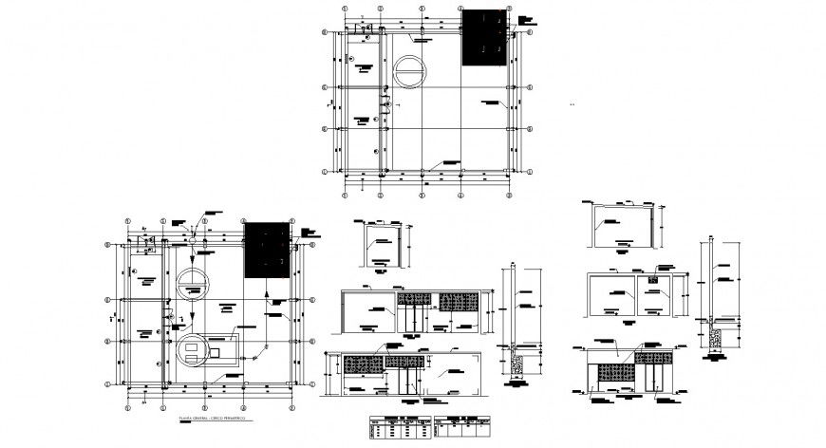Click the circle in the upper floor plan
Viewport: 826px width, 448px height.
(x=411, y=72)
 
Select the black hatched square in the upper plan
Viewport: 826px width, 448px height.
(x=484, y=38)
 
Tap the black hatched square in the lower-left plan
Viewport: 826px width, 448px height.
(x=266, y=251)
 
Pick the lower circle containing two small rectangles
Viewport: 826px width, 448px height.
(x=193, y=351)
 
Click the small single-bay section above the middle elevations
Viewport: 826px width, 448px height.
(x=383, y=246)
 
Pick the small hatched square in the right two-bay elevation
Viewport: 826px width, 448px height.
(x=653, y=279)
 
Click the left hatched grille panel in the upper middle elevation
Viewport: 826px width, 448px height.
(x=413, y=301)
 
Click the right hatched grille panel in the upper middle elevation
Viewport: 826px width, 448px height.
(x=458, y=301)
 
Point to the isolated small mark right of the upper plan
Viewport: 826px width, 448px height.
(x=572, y=104)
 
